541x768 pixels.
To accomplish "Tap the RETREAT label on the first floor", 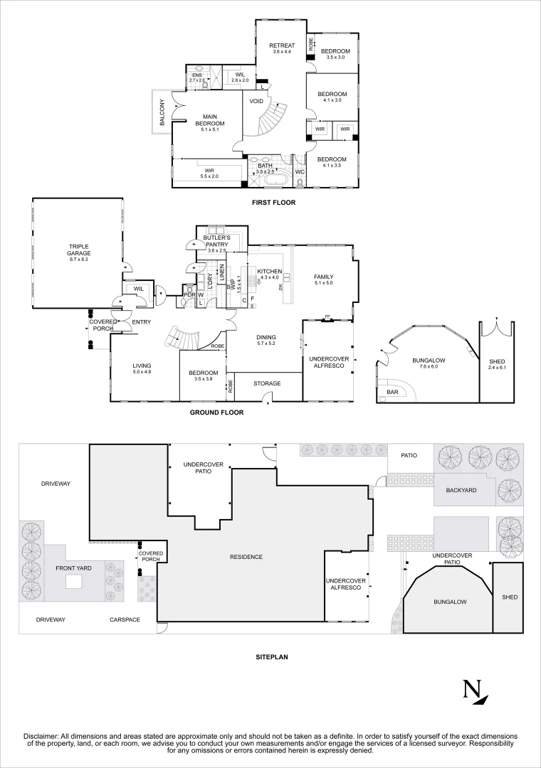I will point(282,46).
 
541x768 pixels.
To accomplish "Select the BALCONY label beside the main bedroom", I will point(162,112).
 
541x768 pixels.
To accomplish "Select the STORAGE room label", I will point(268,384).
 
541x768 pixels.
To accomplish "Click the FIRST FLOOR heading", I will point(273,203).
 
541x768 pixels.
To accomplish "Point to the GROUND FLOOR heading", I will point(216,412).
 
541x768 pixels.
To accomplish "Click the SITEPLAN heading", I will point(271,658).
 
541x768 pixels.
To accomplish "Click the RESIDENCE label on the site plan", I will point(246,557).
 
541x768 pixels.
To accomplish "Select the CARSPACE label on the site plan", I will point(125,620).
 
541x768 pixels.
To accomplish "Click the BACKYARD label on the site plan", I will point(461,491).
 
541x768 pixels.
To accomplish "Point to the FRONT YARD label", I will point(73,569).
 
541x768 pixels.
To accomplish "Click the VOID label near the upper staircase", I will point(256,101).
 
